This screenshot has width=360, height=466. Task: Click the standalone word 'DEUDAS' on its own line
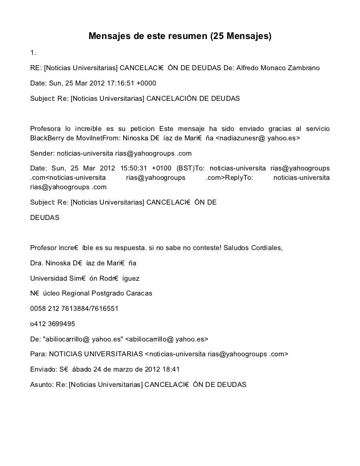pos(45,217)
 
